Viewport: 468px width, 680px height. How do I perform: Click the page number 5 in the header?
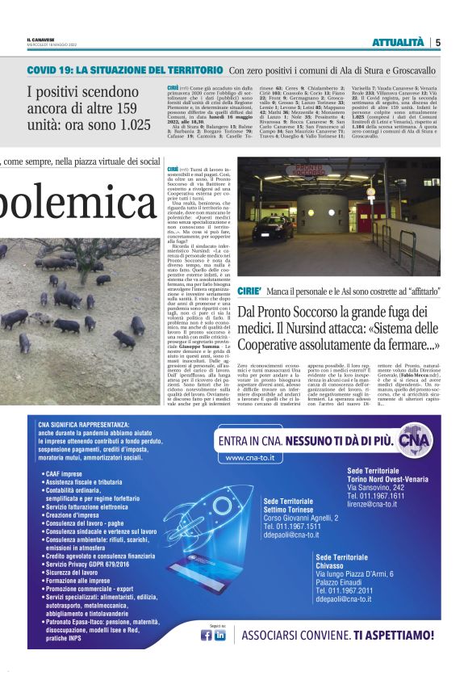(438, 42)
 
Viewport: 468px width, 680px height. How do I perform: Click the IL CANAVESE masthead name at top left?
(39, 40)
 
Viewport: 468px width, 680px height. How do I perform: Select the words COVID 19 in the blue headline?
(52, 71)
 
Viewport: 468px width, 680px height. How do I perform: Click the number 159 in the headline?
(114, 108)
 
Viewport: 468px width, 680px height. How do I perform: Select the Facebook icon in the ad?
(207, 634)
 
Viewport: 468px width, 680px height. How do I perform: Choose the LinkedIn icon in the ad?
(219, 634)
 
